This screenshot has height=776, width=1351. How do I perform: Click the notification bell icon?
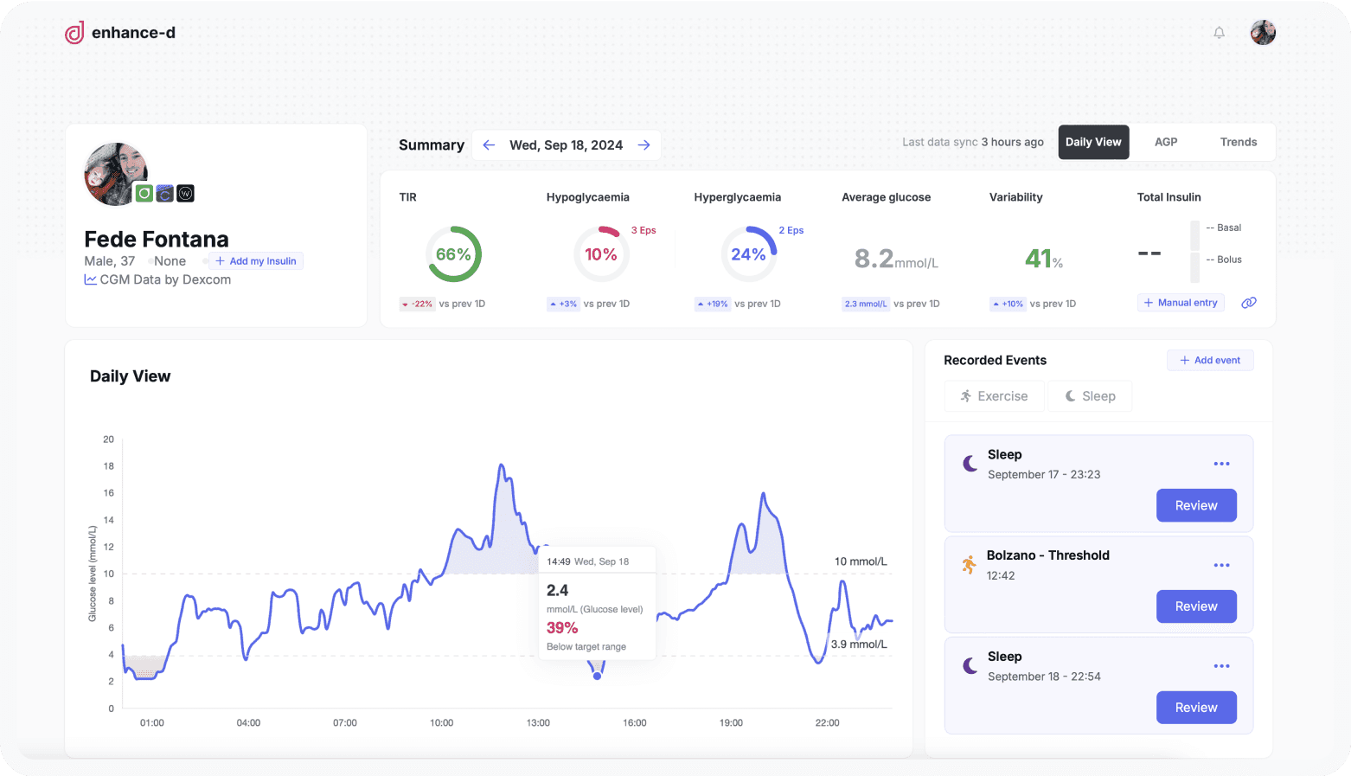[x=1219, y=33]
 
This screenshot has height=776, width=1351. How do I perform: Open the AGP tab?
[x=1166, y=142]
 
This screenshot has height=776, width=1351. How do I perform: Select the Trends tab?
[x=1238, y=142]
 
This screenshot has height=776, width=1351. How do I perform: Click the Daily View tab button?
[x=1093, y=142]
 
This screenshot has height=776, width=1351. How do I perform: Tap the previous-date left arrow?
[x=489, y=145]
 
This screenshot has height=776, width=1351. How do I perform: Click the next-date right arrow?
[x=643, y=145]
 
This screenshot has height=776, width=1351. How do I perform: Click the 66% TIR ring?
[x=453, y=254]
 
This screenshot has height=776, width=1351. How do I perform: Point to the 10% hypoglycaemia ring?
[x=601, y=254]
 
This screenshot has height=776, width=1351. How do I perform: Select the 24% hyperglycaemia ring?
[x=748, y=254]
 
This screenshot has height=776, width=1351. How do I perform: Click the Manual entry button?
[x=1181, y=303]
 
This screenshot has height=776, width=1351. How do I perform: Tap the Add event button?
[x=1210, y=360]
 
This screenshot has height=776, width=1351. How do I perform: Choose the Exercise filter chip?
[x=994, y=396]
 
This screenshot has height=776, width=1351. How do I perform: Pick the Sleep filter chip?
[x=1090, y=396]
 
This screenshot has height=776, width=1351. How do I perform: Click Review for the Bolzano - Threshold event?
[x=1196, y=606]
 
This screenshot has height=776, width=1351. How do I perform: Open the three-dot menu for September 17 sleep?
[x=1221, y=464]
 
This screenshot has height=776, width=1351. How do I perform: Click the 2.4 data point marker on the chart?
[x=597, y=676]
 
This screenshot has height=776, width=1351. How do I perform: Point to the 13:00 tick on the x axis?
[x=538, y=722]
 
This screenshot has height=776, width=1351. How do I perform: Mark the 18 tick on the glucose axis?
[x=109, y=466]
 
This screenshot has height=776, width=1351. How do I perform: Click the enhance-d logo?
[x=120, y=33]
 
